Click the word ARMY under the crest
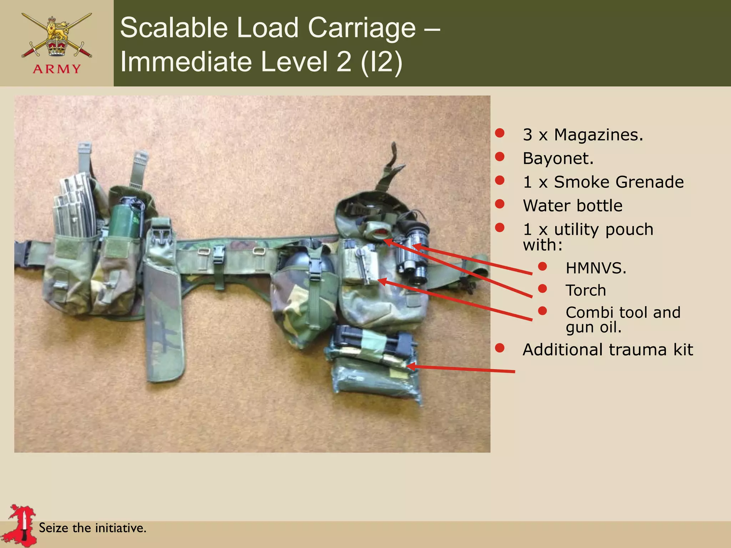coord(57,68)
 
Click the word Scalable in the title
coord(173,28)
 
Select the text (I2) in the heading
coord(381,62)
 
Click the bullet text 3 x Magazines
coord(583,135)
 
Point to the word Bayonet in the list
coord(557,158)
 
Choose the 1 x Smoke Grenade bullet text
coord(603,182)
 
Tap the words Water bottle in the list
coord(572,206)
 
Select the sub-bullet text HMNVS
coord(595,268)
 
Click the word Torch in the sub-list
coord(585,290)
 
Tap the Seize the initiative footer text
coord(92,528)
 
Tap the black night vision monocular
coord(414,250)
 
